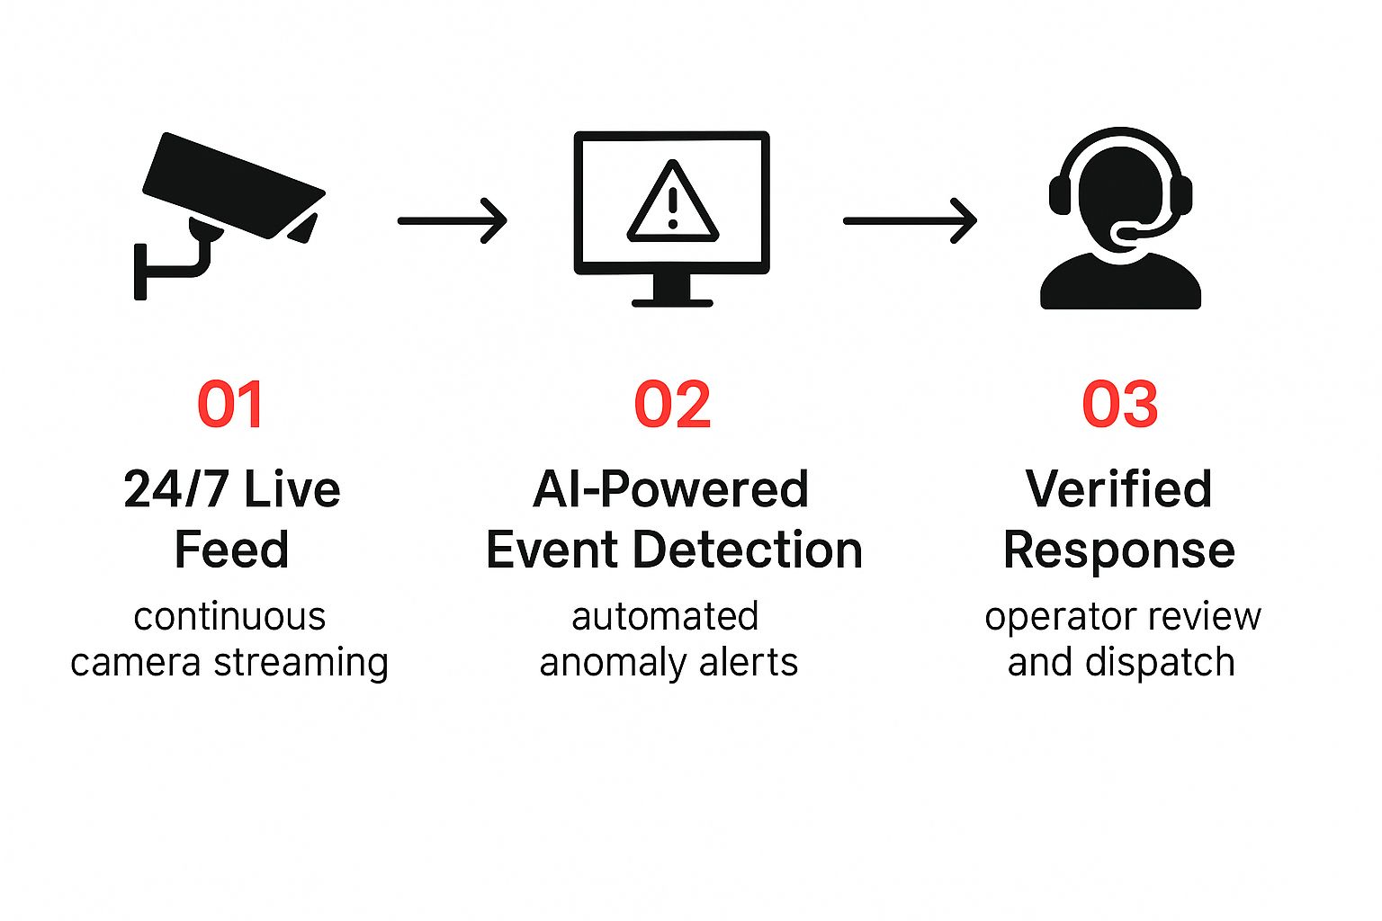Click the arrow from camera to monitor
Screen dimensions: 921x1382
click(452, 220)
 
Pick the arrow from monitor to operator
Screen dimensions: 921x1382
click(910, 220)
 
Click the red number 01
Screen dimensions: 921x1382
click(230, 405)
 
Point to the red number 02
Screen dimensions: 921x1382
click(672, 405)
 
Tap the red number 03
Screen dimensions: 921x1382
click(1119, 405)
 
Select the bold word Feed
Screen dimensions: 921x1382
click(231, 550)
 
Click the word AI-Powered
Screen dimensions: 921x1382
click(670, 490)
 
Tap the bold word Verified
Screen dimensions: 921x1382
click(1118, 490)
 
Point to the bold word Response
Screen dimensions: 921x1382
click(1118, 551)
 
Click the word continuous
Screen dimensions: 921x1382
click(229, 617)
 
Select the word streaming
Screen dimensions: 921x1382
click(301, 663)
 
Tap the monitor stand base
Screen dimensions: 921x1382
click(672, 302)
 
